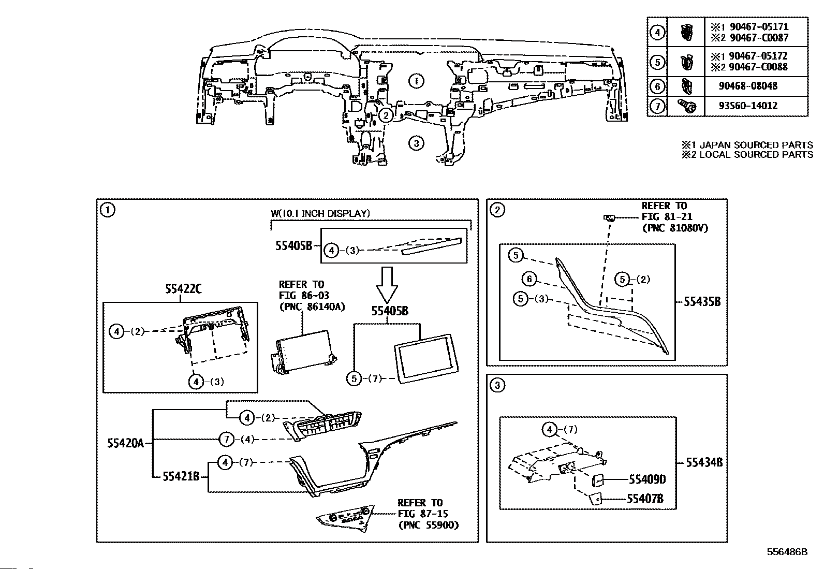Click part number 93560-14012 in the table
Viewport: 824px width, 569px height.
click(x=748, y=106)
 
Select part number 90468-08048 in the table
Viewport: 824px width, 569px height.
click(x=748, y=86)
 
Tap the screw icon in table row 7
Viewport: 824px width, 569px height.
click(x=687, y=106)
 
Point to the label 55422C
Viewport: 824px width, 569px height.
click(x=183, y=289)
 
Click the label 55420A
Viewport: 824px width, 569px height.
click(x=125, y=443)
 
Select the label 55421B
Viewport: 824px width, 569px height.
click(x=181, y=477)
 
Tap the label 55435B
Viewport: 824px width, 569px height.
click(x=702, y=302)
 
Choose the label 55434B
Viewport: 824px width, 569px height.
click(x=704, y=462)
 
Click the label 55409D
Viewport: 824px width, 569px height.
click(x=648, y=479)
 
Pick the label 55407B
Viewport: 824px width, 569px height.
click(x=645, y=499)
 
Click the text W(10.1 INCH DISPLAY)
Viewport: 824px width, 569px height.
click(x=320, y=213)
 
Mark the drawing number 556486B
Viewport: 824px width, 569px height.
click(x=787, y=552)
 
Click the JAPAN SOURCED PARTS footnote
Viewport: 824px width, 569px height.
click(x=747, y=145)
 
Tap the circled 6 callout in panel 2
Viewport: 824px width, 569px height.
click(x=529, y=279)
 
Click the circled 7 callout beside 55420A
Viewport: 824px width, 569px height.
click(x=227, y=439)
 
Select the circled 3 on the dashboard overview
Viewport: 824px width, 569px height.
click(x=416, y=143)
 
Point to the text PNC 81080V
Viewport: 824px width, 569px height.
click(x=675, y=228)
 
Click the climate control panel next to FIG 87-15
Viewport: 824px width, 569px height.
click(x=346, y=519)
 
